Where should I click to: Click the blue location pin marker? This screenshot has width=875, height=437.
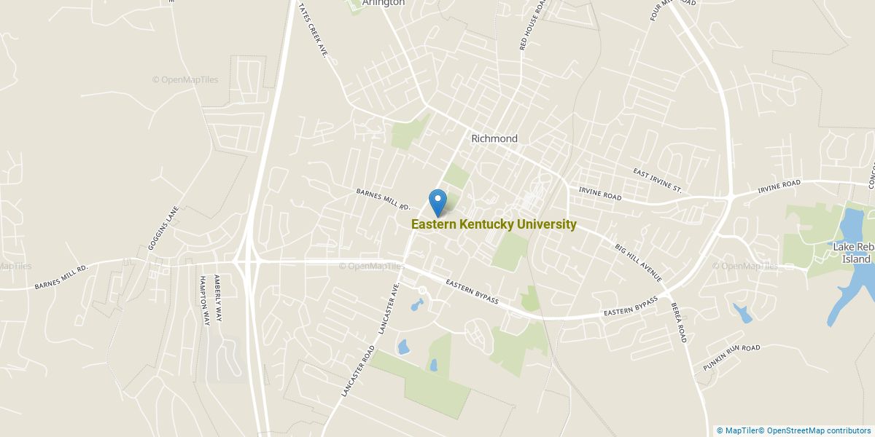pyautogui.click(x=437, y=202)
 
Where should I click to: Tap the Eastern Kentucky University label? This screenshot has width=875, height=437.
pyautogui.click(x=494, y=224)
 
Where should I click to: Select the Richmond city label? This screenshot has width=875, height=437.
pyautogui.click(x=494, y=138)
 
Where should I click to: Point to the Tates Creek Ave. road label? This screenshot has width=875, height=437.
pyautogui.click(x=313, y=30)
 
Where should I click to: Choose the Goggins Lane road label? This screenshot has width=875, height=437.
pyautogui.click(x=163, y=228)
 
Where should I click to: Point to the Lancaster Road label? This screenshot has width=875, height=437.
pyautogui.click(x=357, y=371)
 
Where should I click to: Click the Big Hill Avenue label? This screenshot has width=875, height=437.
pyautogui.click(x=637, y=263)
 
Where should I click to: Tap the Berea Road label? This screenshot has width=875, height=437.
pyautogui.click(x=680, y=323)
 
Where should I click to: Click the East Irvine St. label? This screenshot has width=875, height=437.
pyautogui.click(x=657, y=181)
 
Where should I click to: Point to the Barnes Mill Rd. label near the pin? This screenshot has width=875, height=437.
pyautogui.click(x=384, y=201)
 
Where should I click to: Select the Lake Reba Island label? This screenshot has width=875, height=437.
pyautogui.click(x=853, y=253)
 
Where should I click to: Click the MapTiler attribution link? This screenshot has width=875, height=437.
pyautogui.click(x=738, y=430)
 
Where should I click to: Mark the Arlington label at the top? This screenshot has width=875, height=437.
pyautogui.click(x=384, y=3)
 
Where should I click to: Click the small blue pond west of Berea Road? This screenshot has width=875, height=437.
pyautogui.click(x=743, y=314)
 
